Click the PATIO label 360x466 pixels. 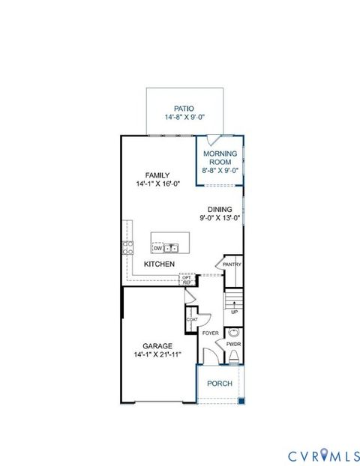(x=184, y=108)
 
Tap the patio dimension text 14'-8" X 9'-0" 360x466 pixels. (x=184, y=118)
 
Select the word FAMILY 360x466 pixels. (x=157, y=175)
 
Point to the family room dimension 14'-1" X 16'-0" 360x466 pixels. (x=157, y=184)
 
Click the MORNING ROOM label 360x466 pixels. (x=220, y=158)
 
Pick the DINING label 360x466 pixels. (x=220, y=210)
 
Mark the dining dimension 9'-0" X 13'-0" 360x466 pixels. (x=220, y=219)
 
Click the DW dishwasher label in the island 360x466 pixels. (x=157, y=247)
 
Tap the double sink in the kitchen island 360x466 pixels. (x=172, y=247)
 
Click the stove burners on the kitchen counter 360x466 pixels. (x=128, y=248)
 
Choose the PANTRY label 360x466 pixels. (x=230, y=264)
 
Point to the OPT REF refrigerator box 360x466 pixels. (x=186, y=279)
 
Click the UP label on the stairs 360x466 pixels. (x=234, y=312)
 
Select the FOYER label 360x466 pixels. (x=210, y=333)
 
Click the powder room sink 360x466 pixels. (x=234, y=333)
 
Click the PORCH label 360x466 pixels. (x=220, y=384)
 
